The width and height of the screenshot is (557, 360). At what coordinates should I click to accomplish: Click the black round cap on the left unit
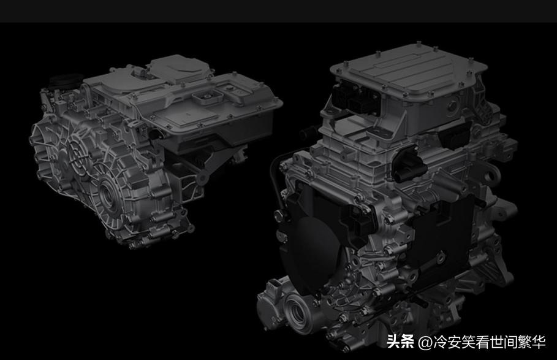click(63, 82)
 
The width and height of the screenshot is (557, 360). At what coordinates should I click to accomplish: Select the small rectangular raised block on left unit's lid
click(204, 98)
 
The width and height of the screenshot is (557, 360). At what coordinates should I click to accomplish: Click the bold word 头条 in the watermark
click(401, 342)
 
